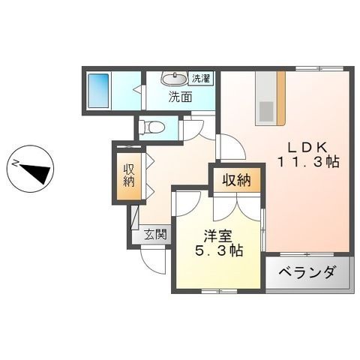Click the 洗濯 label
pos(201,77)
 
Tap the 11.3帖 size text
pos(306,162)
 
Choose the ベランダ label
pos(309,274)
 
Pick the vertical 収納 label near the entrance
pos(129,175)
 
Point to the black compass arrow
pos(34,172)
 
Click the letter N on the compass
pos(16,165)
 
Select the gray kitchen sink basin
pos(266,109)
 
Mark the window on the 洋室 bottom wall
pos(219,289)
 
